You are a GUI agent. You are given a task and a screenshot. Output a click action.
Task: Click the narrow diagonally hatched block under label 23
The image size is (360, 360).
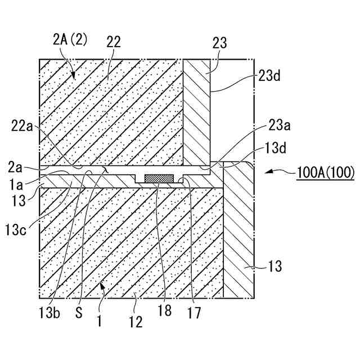click(197, 112)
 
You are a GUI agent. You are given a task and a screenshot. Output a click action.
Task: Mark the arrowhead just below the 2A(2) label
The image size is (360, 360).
click(71, 74)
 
